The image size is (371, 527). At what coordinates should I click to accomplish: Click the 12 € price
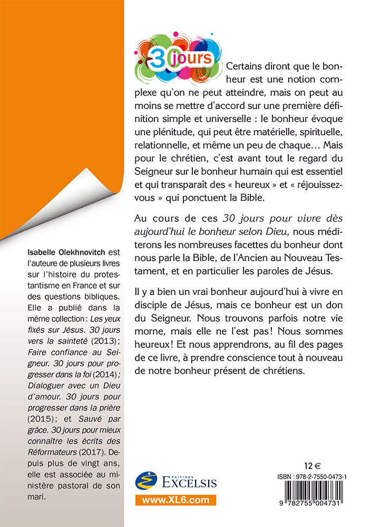313,466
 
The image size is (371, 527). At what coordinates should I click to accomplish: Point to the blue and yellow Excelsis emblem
147,480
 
